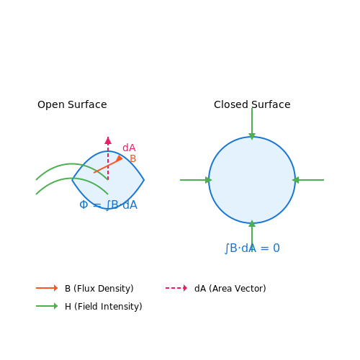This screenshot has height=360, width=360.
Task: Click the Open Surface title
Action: tap(72, 104)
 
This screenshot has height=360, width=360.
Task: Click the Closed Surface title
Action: tap(252, 104)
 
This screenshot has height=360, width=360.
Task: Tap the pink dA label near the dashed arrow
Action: tap(129, 148)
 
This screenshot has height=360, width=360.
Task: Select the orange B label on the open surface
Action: tap(133, 158)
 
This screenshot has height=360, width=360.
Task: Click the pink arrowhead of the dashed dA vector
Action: tap(108, 140)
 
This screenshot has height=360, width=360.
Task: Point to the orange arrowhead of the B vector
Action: tap(120, 158)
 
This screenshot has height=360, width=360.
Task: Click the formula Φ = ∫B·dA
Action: tap(108, 205)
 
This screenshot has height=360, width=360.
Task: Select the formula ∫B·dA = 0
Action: tap(252, 248)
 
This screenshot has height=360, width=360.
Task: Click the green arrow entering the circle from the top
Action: tap(252, 124)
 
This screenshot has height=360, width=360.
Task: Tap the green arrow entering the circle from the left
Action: tap(196, 180)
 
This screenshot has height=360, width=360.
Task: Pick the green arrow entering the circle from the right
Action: tap(308, 180)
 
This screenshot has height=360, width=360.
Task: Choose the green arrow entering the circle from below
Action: tap(252, 236)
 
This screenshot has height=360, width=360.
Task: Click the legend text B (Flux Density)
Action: tap(99, 288)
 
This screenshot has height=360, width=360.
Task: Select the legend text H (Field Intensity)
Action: tap(104, 306)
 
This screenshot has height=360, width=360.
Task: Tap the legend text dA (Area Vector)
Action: tap(230, 288)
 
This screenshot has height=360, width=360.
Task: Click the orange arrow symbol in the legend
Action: tap(47, 288)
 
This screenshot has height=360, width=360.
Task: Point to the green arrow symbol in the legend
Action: tap(47, 306)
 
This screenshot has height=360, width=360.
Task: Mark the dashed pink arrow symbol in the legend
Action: tap(176, 288)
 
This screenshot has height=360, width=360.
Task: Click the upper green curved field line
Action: tap(71, 164)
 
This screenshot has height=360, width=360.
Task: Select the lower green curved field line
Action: tap(71, 179)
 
